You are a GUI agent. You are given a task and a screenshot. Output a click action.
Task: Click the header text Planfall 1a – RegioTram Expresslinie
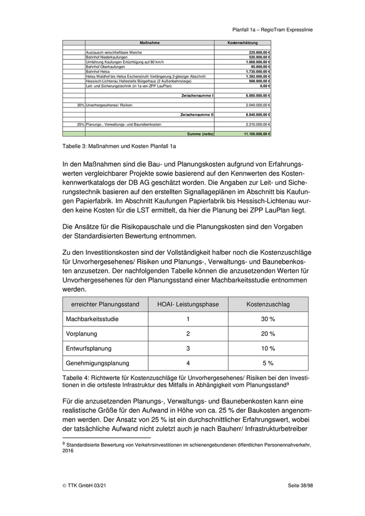tap(272, 30)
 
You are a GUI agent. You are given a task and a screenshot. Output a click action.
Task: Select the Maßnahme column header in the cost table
tap(150, 42)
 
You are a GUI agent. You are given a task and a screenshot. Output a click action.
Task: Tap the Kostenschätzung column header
tap(242, 42)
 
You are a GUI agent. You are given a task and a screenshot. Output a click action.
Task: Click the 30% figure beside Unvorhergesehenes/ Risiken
tap(80, 105)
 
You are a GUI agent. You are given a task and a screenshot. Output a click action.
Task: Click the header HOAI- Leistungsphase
tap(188, 304)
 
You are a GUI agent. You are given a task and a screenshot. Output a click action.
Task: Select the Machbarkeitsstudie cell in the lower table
tap(91, 318)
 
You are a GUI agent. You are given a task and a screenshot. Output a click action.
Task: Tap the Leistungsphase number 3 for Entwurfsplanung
tap(188, 348)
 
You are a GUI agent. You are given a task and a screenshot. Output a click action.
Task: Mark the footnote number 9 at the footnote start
tap(64, 443)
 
